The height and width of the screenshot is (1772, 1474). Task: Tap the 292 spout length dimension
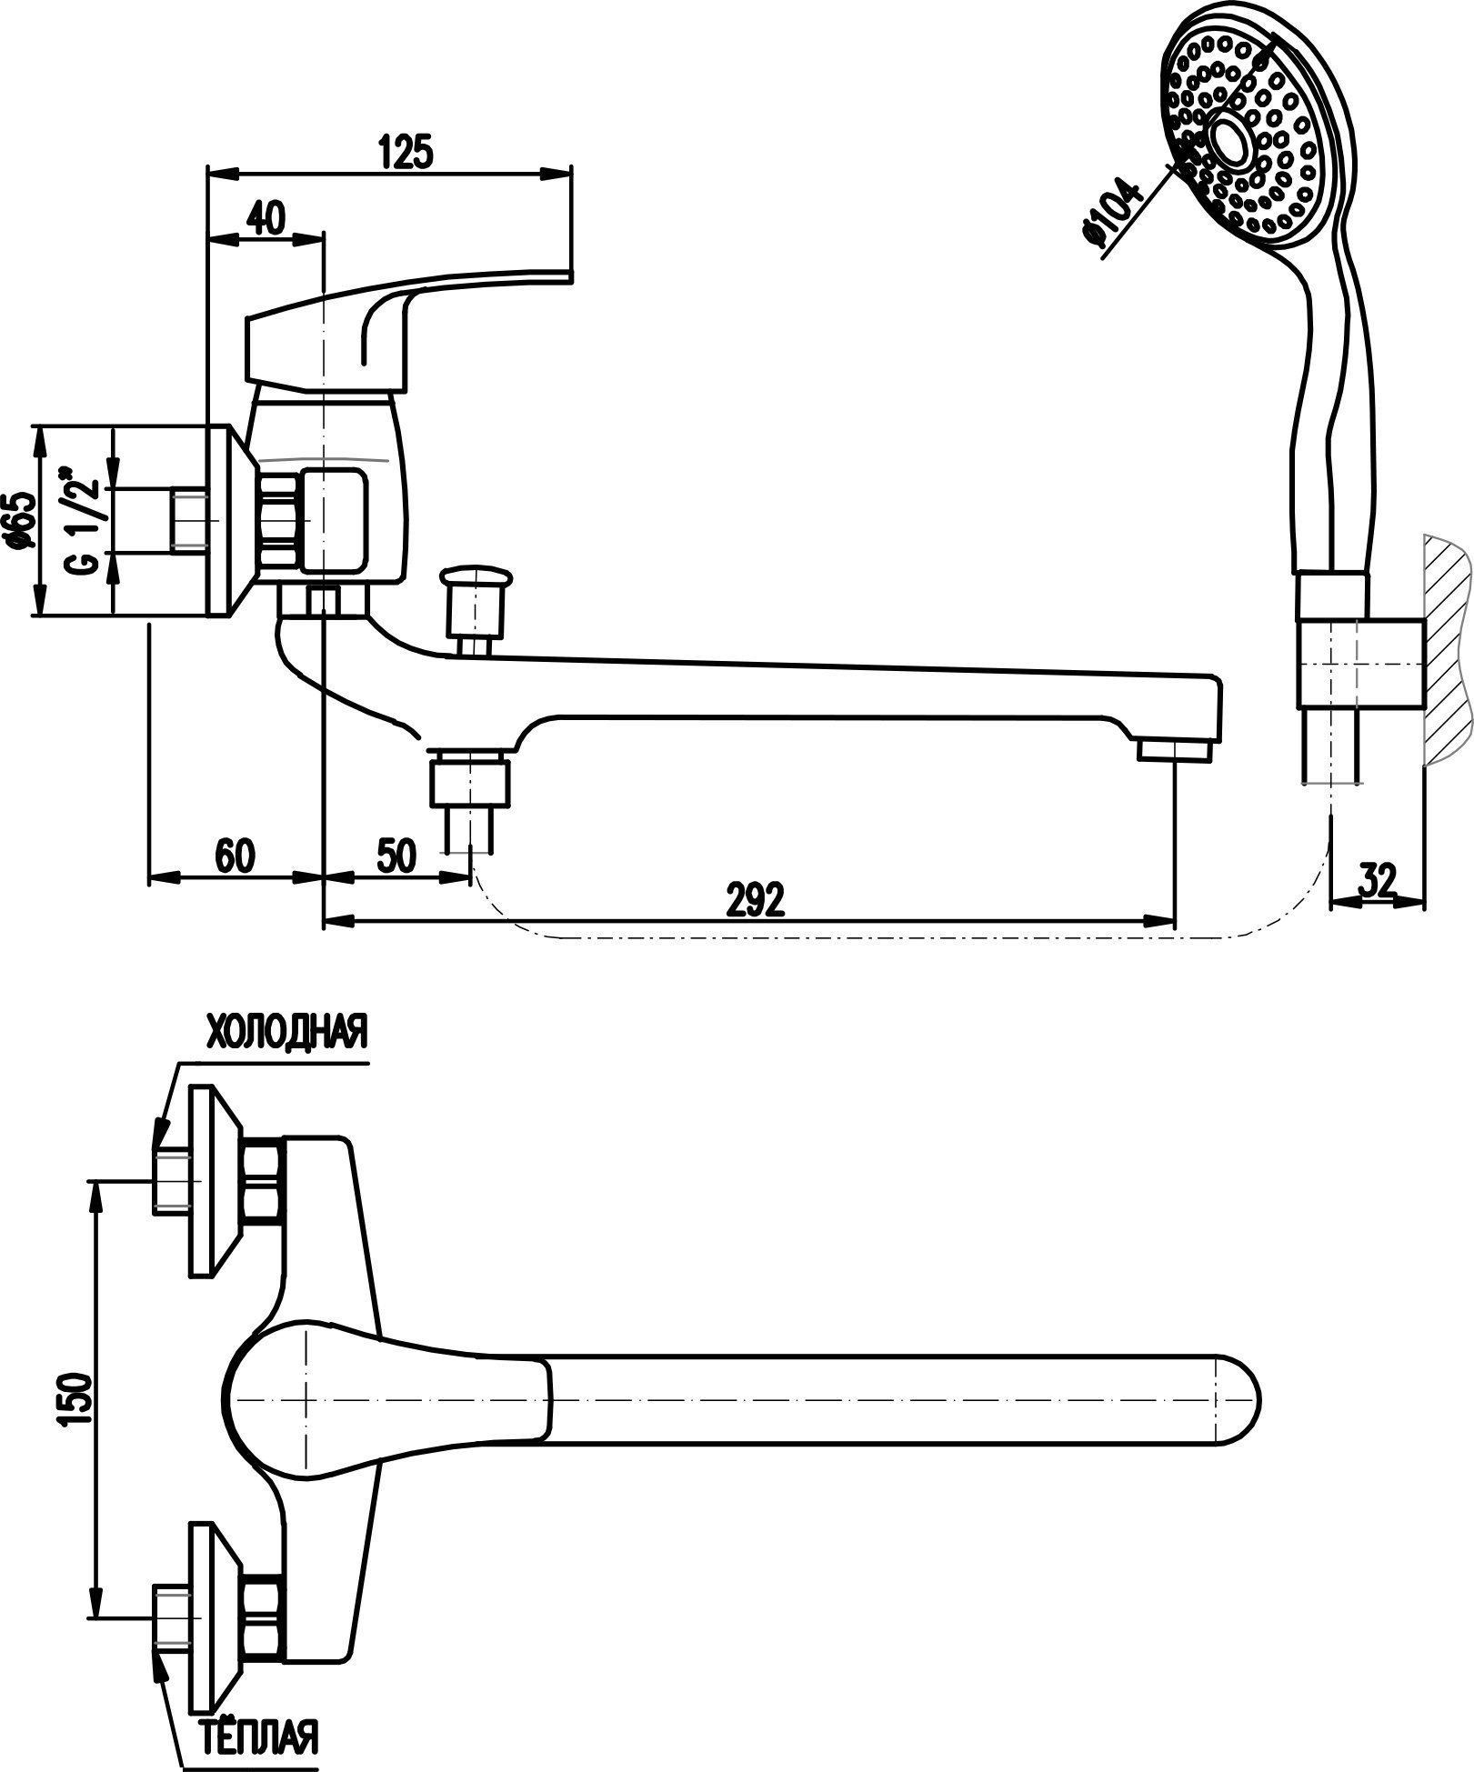click(755, 900)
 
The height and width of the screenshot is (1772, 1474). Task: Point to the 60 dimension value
click(236, 856)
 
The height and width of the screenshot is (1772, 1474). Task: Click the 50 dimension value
click(395, 856)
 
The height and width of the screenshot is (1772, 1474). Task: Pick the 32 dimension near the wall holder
click(1378, 880)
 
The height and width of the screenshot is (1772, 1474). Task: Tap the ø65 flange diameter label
click(20, 521)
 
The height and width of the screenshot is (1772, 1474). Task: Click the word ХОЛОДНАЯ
click(287, 1033)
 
